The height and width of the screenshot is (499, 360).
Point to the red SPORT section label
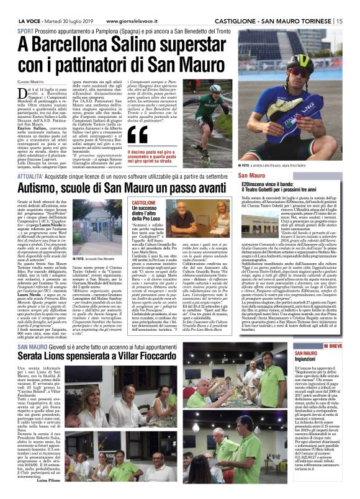coord(25,30)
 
